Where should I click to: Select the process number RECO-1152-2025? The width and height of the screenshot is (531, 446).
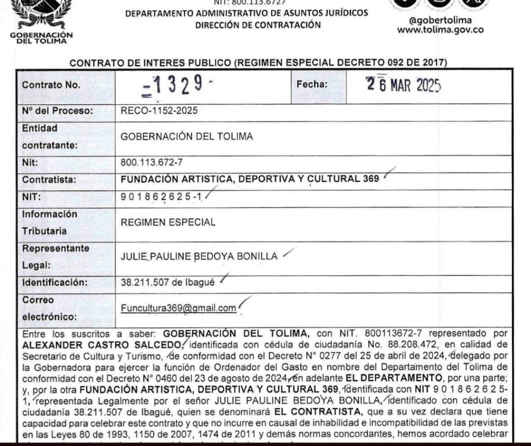click(159, 111)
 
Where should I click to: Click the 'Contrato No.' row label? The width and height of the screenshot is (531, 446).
click(51, 86)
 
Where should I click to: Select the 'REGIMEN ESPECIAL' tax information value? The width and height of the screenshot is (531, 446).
click(167, 222)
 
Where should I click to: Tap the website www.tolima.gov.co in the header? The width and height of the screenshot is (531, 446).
click(440, 30)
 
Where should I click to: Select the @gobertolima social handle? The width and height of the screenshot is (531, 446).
click(440, 20)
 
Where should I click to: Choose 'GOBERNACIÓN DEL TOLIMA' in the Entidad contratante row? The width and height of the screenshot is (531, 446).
click(187, 137)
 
